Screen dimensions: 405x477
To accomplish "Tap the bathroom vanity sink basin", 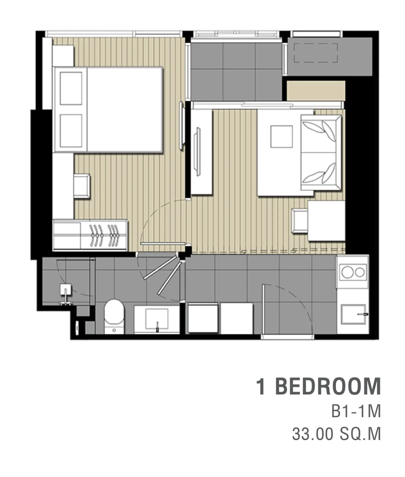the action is tap(157, 319).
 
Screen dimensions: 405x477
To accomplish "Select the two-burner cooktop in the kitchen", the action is tap(353, 272).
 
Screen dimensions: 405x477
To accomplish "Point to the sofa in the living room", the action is tap(321, 153).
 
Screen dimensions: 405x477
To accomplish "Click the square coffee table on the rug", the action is tap(282, 137).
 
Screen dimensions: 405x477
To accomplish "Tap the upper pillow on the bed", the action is tap(71, 88).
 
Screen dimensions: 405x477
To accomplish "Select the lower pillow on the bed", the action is tap(71, 131).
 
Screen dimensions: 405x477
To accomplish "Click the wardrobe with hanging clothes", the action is tap(90, 235).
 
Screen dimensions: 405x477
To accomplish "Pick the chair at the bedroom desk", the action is tap(82, 186).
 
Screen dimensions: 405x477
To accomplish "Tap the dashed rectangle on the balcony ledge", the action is tap(316, 53).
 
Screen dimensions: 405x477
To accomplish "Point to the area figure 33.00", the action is tap(313, 434).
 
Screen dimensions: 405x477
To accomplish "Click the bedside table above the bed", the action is tap(63, 56).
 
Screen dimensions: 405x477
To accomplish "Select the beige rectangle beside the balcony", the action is tap(316, 90).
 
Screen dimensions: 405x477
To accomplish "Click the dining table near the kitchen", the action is tap(327, 221).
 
